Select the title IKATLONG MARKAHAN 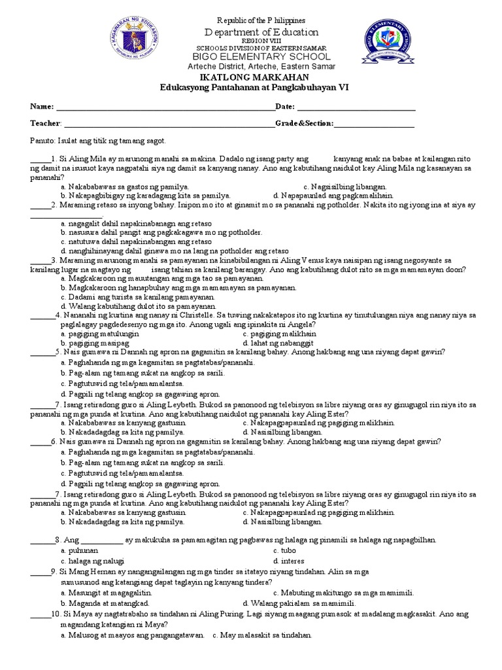(x=252, y=77)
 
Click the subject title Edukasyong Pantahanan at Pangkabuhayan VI (x=252, y=87)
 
